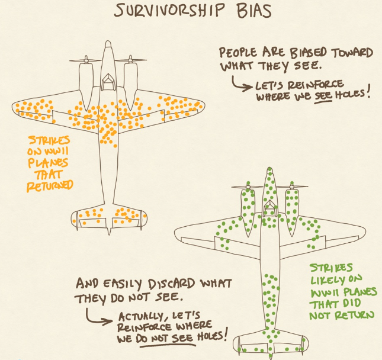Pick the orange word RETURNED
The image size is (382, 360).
tap(49, 186)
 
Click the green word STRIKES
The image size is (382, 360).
tap(333, 268)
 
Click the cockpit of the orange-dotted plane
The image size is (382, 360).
tap(108, 81)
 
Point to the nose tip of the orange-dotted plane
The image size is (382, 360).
tap(108, 43)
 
